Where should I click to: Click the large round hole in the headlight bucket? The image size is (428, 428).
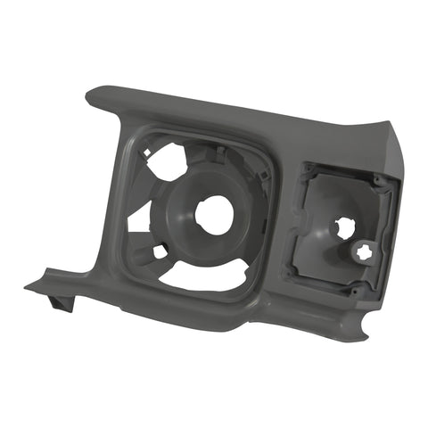pyautogui.click(x=214, y=215)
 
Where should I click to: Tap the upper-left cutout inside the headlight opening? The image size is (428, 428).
pyautogui.click(x=167, y=161)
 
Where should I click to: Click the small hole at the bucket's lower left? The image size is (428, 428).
pyautogui.click(x=160, y=251)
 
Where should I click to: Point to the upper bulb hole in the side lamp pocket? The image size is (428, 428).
pyautogui.click(x=343, y=227)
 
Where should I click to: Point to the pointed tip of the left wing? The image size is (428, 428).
pyautogui.click(x=28, y=287)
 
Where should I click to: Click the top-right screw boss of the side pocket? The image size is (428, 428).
pyautogui.click(x=379, y=182)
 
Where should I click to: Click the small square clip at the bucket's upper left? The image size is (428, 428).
pyautogui.click(x=144, y=152)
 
